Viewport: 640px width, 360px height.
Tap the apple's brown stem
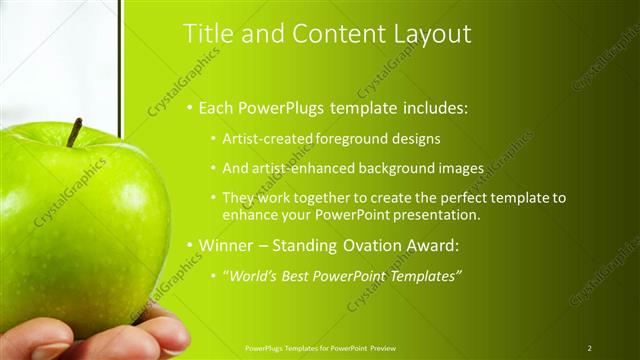(x=74, y=132)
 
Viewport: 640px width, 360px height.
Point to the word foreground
(x=352, y=138)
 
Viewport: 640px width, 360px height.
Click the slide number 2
(x=590, y=347)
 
